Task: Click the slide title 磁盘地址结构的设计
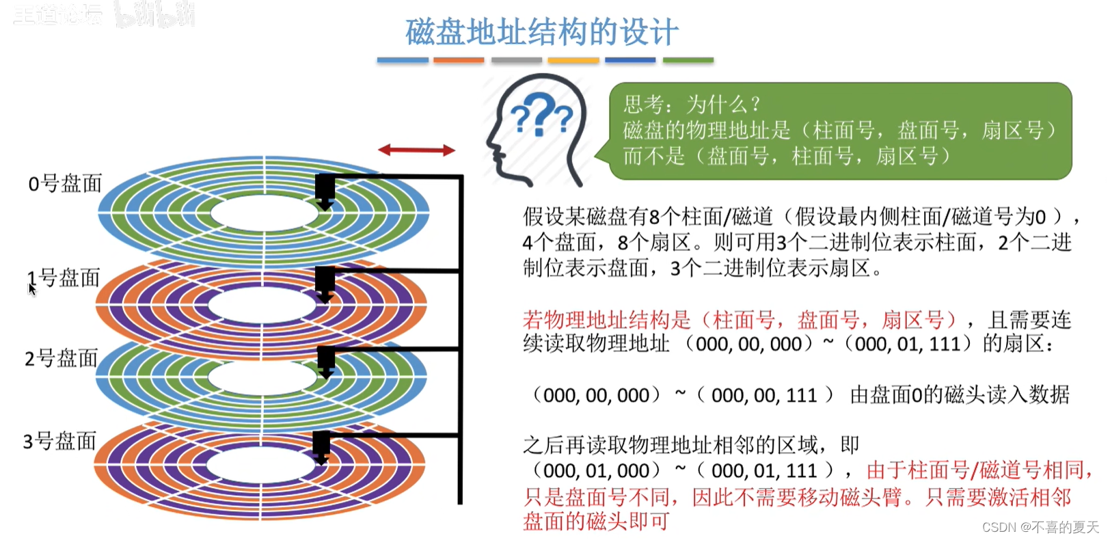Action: point(541,32)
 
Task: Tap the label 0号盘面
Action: point(65,183)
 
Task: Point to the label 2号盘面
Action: point(62,358)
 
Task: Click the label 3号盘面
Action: point(59,441)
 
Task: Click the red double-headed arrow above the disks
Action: point(416,150)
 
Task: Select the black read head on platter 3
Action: point(321,447)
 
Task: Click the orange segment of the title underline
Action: point(459,60)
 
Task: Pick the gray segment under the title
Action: point(516,60)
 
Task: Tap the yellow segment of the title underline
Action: point(573,60)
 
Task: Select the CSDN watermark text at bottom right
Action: point(1040,527)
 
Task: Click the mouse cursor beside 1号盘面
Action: point(31,289)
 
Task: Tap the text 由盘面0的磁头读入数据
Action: point(959,394)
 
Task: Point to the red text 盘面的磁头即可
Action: point(596,522)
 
